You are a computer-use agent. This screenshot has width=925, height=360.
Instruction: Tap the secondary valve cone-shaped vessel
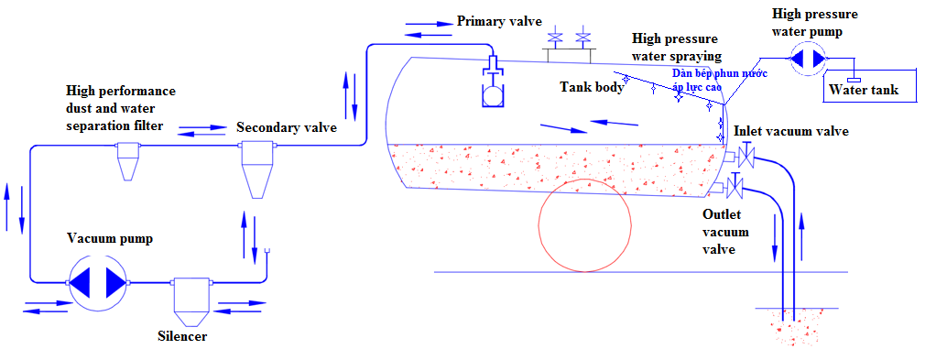coord(256,169)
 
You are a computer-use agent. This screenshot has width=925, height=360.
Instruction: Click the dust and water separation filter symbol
coord(126,161)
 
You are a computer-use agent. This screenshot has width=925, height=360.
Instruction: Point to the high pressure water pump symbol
coord(807,58)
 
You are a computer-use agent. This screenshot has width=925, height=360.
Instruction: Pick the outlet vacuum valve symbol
coord(734,190)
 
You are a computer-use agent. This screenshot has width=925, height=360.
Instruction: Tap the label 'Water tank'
coord(864,90)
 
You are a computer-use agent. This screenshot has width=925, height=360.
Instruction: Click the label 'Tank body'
coord(592,87)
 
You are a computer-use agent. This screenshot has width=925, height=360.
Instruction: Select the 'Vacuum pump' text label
coord(110,237)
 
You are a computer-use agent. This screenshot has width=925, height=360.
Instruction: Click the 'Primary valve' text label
coord(499,21)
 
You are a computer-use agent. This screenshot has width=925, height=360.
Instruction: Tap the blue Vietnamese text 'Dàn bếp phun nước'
coord(720,72)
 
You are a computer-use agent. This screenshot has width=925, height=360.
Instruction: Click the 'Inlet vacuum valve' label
coord(791,131)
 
